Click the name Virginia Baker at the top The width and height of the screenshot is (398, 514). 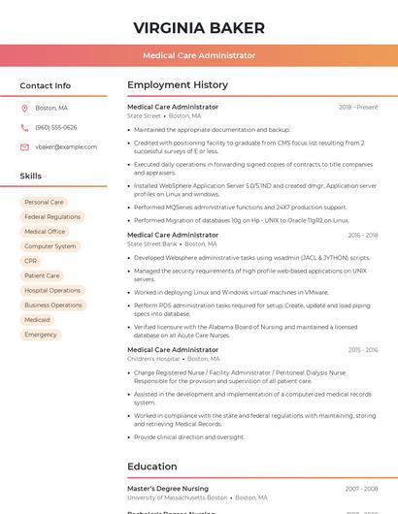pyautogui.click(x=199, y=27)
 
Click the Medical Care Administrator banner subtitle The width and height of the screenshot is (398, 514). pyautogui.click(x=199, y=55)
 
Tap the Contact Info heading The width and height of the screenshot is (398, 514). pyautogui.click(x=46, y=85)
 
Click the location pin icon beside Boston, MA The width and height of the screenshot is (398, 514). pyautogui.click(x=24, y=108)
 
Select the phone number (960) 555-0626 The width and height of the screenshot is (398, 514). pyautogui.click(x=56, y=127)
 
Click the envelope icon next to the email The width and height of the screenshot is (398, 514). pyautogui.click(x=24, y=147)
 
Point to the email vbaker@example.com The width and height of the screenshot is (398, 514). pyautogui.click(x=66, y=147)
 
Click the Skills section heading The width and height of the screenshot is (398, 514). pyautogui.click(x=31, y=177)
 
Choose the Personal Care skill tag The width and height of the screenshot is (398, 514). pyautogui.click(x=44, y=203)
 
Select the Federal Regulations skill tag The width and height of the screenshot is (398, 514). pyautogui.click(x=52, y=217)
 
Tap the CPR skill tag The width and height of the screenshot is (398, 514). pyautogui.click(x=31, y=261)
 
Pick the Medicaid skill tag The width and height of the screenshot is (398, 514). pyautogui.click(x=38, y=320)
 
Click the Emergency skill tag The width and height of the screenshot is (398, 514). pyautogui.click(x=41, y=335)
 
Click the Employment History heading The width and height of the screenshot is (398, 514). pyautogui.click(x=178, y=85)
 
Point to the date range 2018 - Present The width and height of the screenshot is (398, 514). pyautogui.click(x=358, y=107)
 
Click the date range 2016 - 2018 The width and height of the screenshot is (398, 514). pyautogui.click(x=362, y=235)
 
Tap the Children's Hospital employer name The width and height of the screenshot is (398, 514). pyautogui.click(x=153, y=359)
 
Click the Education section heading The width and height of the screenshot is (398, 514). pyautogui.click(x=152, y=466)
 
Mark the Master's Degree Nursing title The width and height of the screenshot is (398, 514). pyautogui.click(x=168, y=489)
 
